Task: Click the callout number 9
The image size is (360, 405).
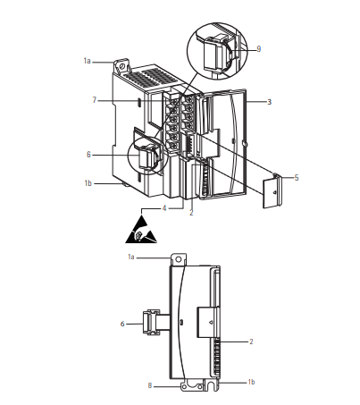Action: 258,49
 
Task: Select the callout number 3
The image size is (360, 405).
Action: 269,102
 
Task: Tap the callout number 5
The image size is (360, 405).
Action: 297,178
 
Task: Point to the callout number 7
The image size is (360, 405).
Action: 95,100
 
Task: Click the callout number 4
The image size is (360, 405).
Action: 164,208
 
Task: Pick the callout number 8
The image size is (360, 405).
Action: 150,385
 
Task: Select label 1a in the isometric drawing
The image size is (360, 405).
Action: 87,61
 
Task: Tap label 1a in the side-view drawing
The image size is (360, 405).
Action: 131,257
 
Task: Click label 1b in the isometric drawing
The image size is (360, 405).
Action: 88,183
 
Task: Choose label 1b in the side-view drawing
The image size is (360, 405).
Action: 251,382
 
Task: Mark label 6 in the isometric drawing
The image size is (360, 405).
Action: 88,155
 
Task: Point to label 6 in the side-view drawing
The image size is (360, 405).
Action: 122,324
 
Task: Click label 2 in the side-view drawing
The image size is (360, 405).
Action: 251,342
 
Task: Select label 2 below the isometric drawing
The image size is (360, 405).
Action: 191,213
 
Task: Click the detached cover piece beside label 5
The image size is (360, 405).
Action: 272,190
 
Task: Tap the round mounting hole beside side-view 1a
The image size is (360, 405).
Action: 178,259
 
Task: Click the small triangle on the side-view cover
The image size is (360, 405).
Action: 211,322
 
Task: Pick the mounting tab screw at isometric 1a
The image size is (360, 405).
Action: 122,65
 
